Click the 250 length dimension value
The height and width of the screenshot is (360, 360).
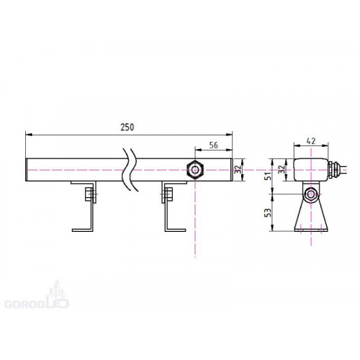127,127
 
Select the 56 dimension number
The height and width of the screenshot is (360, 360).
214,145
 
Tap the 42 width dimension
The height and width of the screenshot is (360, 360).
311,141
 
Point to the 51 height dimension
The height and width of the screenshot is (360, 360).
268,176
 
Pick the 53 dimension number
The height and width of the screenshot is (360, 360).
268,212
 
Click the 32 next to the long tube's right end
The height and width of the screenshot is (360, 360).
238,169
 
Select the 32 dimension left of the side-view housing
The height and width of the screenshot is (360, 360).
282,169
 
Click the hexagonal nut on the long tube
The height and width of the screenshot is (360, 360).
195,170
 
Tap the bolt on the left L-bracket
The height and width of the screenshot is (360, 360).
91,194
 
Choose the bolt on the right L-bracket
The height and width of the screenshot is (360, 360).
167,194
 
